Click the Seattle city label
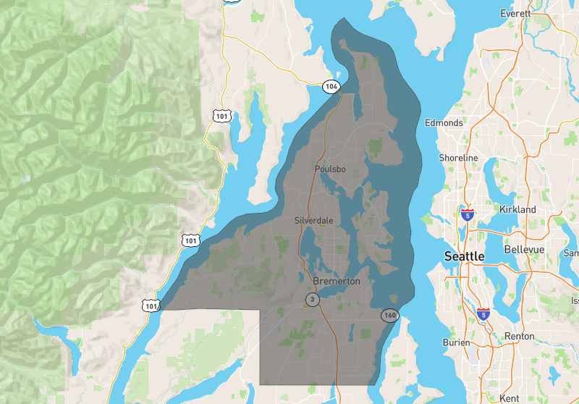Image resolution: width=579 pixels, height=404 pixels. pyautogui.click(x=464, y=256)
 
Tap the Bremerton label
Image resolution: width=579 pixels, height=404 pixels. pyautogui.click(x=337, y=281)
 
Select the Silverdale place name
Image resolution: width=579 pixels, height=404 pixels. pyautogui.click(x=313, y=219)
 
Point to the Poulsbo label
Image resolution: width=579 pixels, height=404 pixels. pyautogui.click(x=331, y=169)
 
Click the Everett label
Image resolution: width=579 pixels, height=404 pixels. pyautogui.click(x=515, y=14)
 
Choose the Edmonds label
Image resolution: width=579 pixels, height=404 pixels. pyautogui.click(x=444, y=122)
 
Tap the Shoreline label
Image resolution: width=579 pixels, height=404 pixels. pyautogui.click(x=458, y=158)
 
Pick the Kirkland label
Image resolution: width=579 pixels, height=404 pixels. pyautogui.click(x=517, y=209)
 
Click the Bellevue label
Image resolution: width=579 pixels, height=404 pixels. pyautogui.click(x=524, y=249)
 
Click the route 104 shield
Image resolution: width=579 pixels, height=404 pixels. pyautogui.click(x=331, y=87)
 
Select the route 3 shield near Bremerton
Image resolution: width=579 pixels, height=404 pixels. pyautogui.click(x=312, y=299)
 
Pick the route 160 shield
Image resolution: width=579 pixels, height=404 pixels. pyautogui.click(x=390, y=315)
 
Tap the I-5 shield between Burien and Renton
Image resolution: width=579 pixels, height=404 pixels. pyautogui.click(x=483, y=314)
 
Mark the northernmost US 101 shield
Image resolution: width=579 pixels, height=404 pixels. pyautogui.click(x=221, y=115)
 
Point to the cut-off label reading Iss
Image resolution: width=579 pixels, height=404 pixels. pyautogui.click(x=575, y=300)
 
